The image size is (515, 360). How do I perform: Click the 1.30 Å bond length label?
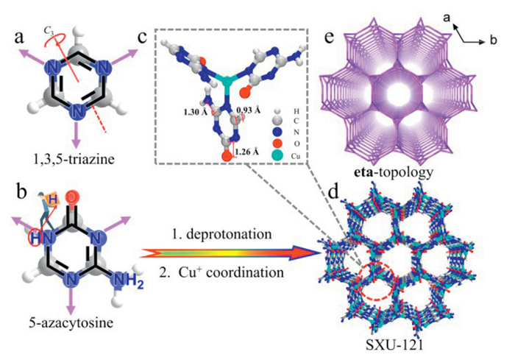(x=198, y=112)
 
